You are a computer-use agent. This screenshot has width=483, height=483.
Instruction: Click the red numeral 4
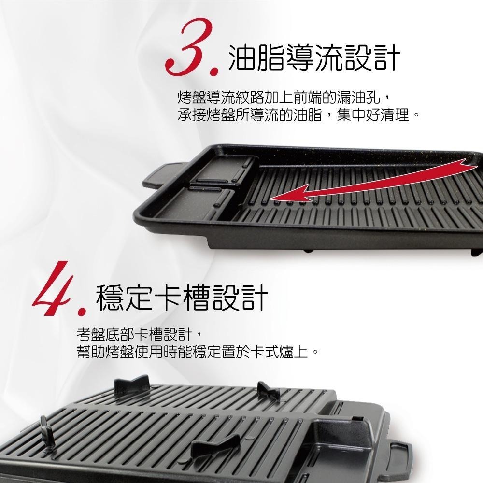52,288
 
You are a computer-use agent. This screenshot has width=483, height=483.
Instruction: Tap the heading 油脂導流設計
314,57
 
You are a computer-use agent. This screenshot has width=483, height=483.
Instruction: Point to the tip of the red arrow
270,199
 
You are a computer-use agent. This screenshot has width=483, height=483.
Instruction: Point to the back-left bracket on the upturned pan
131,385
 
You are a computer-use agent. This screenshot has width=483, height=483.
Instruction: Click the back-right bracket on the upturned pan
268,391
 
